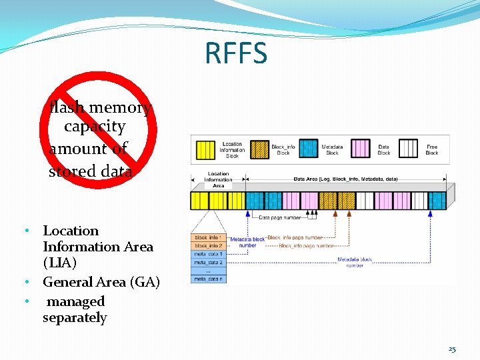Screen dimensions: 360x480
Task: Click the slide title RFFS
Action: tap(236, 53)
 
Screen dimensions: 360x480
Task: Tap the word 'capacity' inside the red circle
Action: tap(95, 126)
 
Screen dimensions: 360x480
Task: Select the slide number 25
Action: tap(452, 349)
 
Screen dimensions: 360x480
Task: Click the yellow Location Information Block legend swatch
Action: tap(205, 149)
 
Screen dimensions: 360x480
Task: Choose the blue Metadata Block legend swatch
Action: tap(308, 149)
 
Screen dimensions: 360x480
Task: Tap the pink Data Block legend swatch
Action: tap(361, 149)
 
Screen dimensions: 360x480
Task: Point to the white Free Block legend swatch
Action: tap(408, 149)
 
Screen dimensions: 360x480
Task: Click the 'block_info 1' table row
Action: tap(208, 237)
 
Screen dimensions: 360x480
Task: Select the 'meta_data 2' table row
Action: tap(208, 262)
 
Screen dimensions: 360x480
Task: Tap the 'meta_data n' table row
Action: tap(208, 279)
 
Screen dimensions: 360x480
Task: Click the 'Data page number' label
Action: tap(281, 217)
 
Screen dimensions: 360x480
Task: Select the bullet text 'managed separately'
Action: tap(75, 309)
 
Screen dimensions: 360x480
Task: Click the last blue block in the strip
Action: tap(437, 201)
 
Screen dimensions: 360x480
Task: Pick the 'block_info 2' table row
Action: tap(208, 245)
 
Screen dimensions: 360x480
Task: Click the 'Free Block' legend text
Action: tap(432, 149)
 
